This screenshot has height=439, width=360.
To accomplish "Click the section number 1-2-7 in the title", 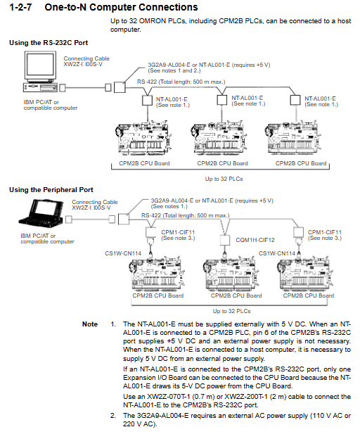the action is (x=20, y=7).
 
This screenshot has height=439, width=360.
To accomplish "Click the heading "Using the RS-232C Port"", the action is (x=49, y=43).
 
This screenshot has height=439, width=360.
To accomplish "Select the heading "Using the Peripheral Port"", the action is (x=51, y=190).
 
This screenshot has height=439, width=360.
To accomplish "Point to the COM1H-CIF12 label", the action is (x=255, y=240).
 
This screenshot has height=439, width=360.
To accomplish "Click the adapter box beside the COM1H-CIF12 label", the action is (x=225, y=240).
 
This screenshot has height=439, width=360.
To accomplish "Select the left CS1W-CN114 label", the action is (x=123, y=253).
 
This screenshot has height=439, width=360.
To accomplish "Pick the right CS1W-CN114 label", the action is (x=276, y=253).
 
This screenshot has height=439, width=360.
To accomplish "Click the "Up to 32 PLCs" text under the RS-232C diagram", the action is (x=224, y=179).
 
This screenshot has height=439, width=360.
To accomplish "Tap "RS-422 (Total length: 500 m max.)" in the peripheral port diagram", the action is (x=185, y=215).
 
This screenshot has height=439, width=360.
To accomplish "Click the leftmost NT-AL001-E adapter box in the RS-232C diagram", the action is (x=147, y=100).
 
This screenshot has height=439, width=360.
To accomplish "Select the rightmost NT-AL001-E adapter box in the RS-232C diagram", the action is (x=295, y=100).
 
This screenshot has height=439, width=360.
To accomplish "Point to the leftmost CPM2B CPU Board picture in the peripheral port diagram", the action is (x=157, y=273).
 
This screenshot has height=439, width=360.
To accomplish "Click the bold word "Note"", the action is (x=90, y=324).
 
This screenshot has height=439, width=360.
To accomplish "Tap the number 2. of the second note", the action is (x=113, y=416).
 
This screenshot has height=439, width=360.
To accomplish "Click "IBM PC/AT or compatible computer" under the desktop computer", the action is (x=51, y=105).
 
